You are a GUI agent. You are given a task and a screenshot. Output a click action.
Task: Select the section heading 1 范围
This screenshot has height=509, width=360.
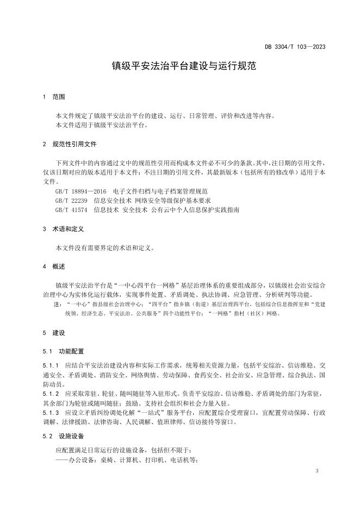coord(54,97)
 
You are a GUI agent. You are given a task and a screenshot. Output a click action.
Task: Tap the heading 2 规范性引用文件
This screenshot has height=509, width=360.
coord(70,145)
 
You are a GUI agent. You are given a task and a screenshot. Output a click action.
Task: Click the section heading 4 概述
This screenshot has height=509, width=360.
coord(54,266)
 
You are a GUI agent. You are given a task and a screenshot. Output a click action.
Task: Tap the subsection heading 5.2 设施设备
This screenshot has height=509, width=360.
coord(64,436)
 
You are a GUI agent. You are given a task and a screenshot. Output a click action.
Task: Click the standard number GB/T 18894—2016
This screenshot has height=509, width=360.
coord(80,191)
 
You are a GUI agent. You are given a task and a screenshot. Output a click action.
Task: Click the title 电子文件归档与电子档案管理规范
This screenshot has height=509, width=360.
coord(160,191)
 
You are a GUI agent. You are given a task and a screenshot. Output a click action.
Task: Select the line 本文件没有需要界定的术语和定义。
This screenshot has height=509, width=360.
coord(105,248)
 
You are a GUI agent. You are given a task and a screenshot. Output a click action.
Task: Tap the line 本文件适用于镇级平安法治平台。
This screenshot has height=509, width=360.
coord(102,125)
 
